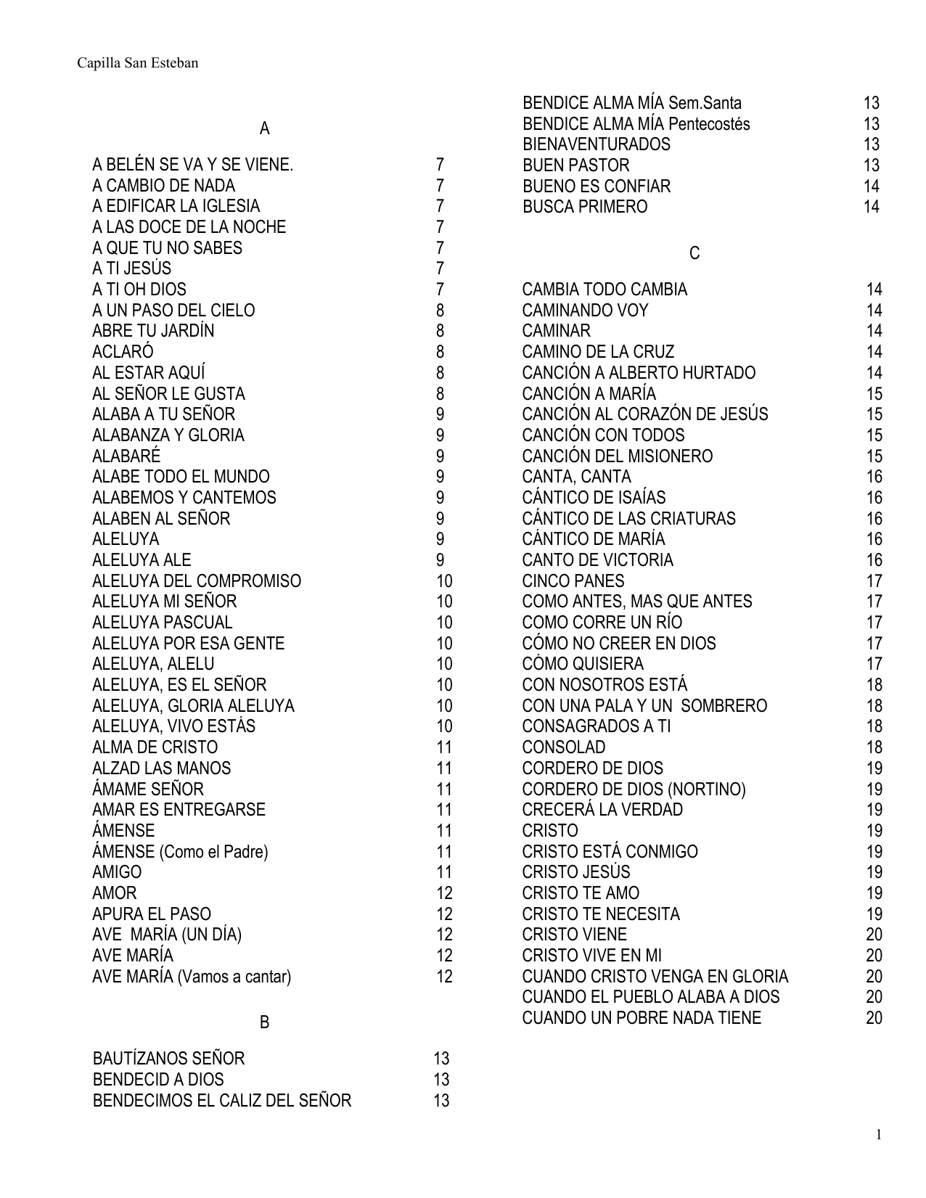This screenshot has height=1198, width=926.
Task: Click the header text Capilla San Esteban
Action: (138, 63)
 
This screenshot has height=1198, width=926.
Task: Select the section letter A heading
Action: (264, 129)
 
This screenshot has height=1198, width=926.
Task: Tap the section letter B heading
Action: (264, 1022)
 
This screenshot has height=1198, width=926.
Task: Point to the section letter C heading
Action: (694, 253)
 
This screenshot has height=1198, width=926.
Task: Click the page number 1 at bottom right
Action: (879, 1135)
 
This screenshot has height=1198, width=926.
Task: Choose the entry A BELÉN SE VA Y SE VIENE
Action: (192, 165)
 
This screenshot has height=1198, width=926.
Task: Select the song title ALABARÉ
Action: (126, 456)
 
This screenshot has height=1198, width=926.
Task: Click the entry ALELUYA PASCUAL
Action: (162, 623)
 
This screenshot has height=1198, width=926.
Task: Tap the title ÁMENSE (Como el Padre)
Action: (180, 852)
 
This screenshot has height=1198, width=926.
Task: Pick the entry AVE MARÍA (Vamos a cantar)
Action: (192, 977)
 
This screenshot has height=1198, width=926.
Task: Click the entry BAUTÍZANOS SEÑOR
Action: (168, 1059)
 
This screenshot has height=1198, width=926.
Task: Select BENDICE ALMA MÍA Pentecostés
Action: (636, 124)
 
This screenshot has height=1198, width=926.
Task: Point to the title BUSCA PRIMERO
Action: (585, 207)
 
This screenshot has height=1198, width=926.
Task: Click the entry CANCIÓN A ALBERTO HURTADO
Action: (639, 373)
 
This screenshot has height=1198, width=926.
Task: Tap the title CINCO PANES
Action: (573, 581)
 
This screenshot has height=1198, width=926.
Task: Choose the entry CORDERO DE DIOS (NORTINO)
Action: (634, 789)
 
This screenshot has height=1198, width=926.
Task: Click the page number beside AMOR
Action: (444, 893)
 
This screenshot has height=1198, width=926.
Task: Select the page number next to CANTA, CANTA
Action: (874, 477)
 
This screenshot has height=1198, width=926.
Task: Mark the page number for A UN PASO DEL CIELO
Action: (440, 311)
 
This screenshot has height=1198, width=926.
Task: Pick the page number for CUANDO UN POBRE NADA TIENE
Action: (874, 1018)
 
